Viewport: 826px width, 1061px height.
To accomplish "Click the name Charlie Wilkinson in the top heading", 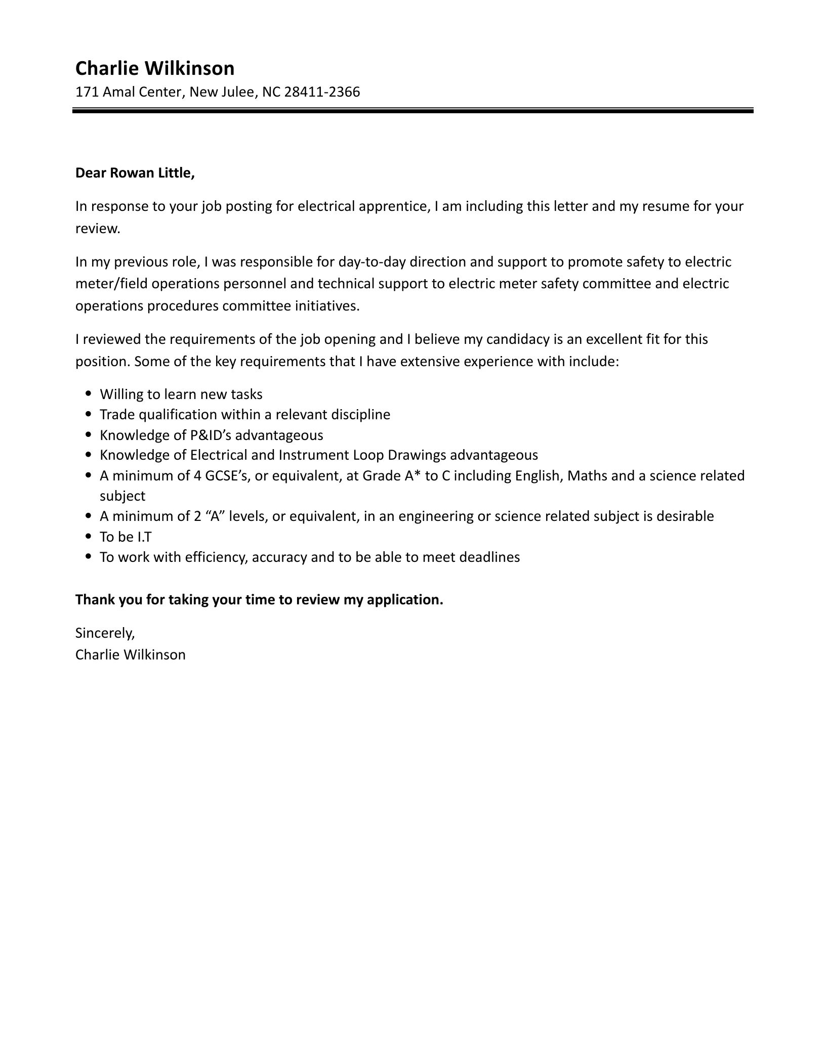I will click(x=155, y=68).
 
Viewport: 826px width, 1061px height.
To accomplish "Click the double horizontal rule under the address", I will click(x=412, y=110).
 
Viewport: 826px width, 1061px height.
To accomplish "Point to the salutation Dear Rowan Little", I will click(x=135, y=173).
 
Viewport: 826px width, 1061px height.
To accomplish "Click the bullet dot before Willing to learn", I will click(x=89, y=393).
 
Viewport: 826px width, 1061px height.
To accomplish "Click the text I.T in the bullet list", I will click(x=145, y=537).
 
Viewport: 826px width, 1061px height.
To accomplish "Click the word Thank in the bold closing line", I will click(x=94, y=600).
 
